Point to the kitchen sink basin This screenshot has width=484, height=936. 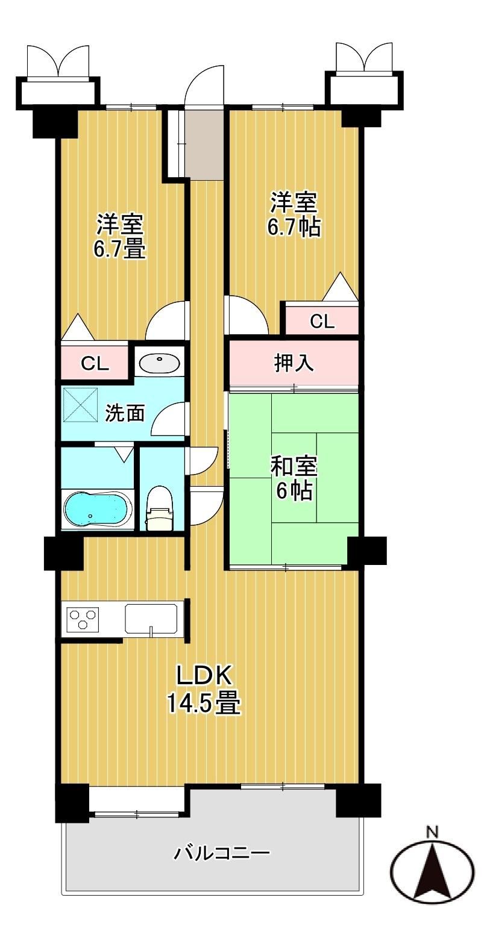(151, 618)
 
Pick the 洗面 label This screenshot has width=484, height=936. (125, 413)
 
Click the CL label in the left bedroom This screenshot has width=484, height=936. (95, 364)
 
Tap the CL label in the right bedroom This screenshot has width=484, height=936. (322, 321)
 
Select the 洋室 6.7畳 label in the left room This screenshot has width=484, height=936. (120, 236)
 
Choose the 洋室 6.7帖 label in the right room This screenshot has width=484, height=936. (294, 214)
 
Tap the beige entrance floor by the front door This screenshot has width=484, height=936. (204, 144)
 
